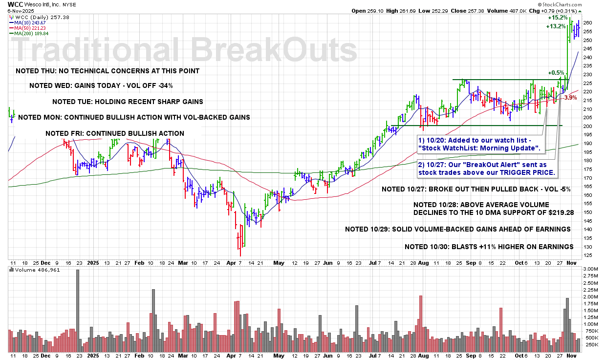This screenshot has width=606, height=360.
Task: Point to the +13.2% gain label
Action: [x=556, y=26]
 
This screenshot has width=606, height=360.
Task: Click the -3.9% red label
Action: [x=570, y=98]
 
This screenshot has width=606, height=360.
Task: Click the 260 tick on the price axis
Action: [x=588, y=23]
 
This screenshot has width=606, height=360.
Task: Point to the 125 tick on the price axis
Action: [x=588, y=255]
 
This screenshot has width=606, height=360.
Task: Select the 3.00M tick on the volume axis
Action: [x=590, y=269]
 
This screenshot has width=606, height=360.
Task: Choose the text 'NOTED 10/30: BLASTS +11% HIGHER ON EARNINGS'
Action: [x=489, y=247]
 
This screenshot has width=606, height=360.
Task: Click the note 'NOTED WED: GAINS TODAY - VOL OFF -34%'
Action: [x=101, y=85]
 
